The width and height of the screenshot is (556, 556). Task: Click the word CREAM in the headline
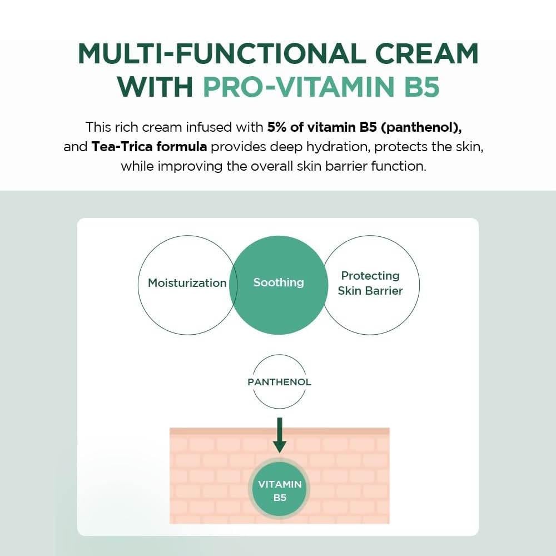pyautogui.click(x=426, y=53)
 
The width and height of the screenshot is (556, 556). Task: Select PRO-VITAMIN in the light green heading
pyautogui.click(x=299, y=87)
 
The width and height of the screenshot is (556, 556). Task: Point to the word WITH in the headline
pyautogui.click(x=155, y=87)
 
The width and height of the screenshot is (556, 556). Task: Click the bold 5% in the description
pyautogui.click(x=277, y=127)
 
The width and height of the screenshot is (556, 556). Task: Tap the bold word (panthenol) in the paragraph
pyautogui.click(x=421, y=128)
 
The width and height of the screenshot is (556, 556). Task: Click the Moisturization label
pyautogui.click(x=187, y=283)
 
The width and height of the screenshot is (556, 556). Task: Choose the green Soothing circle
pyautogui.click(x=279, y=285)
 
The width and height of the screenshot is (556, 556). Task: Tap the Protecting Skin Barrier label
pyautogui.click(x=370, y=284)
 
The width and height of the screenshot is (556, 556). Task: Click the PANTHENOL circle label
pyautogui.click(x=280, y=382)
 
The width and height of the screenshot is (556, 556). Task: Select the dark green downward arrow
pyautogui.click(x=280, y=435)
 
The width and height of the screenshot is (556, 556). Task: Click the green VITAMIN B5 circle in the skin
pyautogui.click(x=280, y=490)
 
